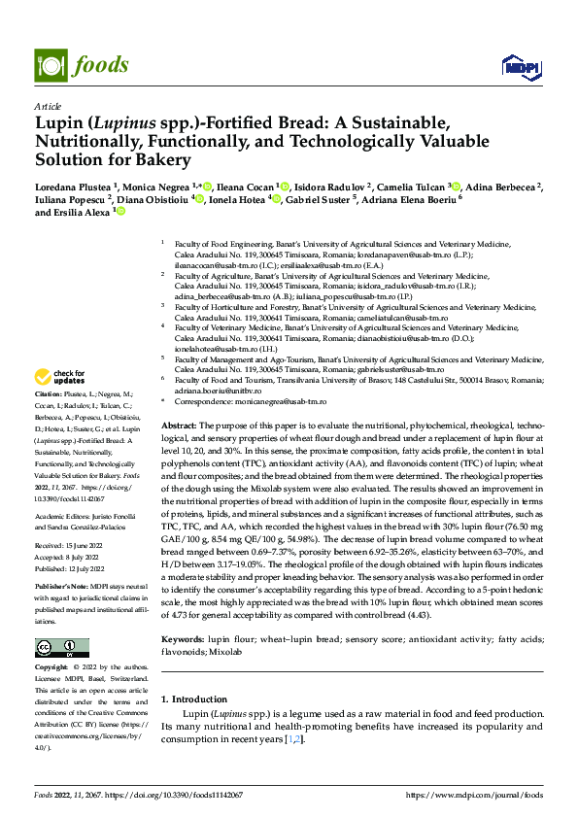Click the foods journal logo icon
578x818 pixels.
tap(50, 64)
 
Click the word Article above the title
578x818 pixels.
tap(48, 106)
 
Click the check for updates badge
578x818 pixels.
tap(60, 377)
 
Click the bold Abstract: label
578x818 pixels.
tap(178, 426)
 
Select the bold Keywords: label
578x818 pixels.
tap(183, 639)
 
